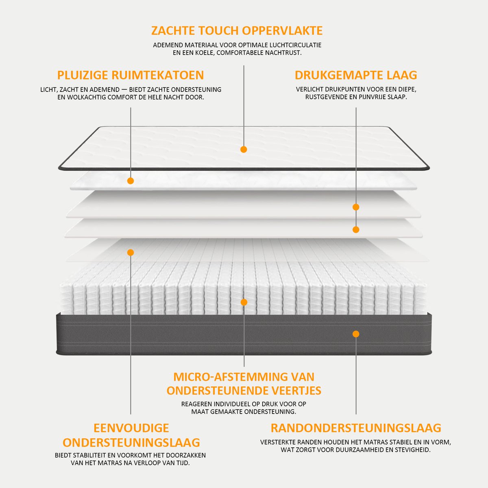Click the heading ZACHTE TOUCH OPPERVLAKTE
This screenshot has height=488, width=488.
pyautogui.click(x=237, y=30)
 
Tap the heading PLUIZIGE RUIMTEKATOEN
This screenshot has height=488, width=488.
pyautogui.click(x=131, y=75)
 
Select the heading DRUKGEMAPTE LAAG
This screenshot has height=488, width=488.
pyautogui.click(x=356, y=75)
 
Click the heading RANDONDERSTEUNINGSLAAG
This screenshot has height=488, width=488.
pyautogui.click(x=356, y=428)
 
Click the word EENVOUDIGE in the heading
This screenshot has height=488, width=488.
pyautogui.click(x=131, y=428)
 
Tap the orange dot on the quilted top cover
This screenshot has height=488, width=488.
pyautogui.click(x=244, y=149)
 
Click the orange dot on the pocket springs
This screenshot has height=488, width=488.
pyautogui.click(x=244, y=302)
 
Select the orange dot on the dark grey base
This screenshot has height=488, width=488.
pyautogui.click(x=356, y=334)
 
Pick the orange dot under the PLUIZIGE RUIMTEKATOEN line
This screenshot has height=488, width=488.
pyautogui.click(x=131, y=181)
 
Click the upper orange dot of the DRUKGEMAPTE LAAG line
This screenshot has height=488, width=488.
pyautogui.click(x=356, y=207)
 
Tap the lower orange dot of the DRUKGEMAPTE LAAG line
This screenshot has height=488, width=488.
pyautogui.click(x=356, y=230)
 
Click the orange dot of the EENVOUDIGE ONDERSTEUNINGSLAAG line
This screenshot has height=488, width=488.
pyautogui.click(x=131, y=253)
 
